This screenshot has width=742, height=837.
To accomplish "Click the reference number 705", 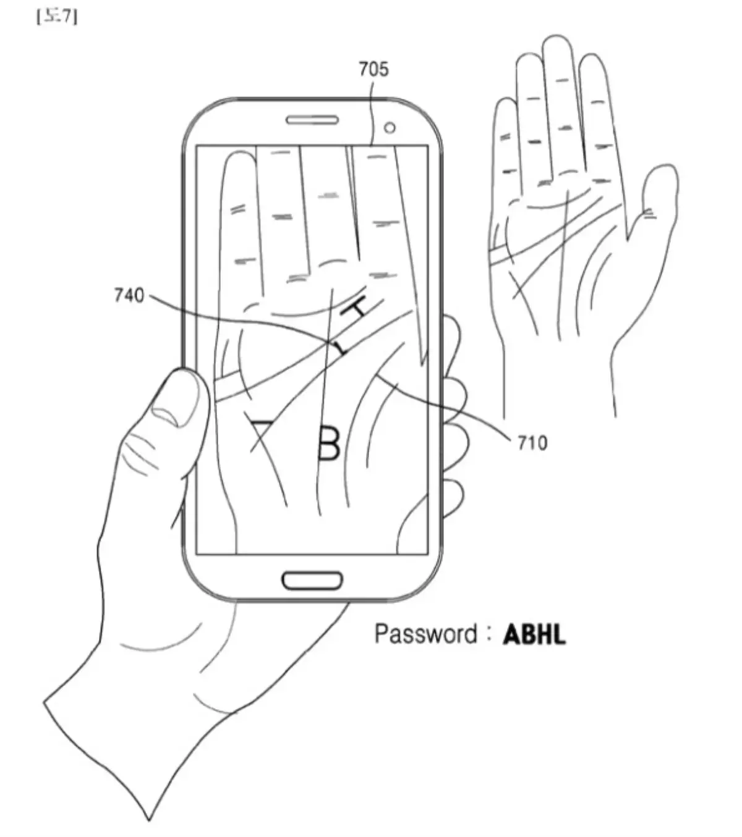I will click(374, 69).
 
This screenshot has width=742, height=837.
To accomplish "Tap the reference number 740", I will click(129, 296).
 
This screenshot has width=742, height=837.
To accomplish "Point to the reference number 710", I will click(532, 442).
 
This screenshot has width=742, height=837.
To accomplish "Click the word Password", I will click(425, 634).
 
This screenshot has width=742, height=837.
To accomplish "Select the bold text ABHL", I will click(534, 634).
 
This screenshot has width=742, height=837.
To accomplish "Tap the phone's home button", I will click(312, 580).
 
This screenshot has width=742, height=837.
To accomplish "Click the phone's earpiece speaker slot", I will click(312, 119).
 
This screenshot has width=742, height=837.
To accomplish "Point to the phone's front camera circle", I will click(390, 127).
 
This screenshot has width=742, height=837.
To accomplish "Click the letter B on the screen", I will click(328, 443).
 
